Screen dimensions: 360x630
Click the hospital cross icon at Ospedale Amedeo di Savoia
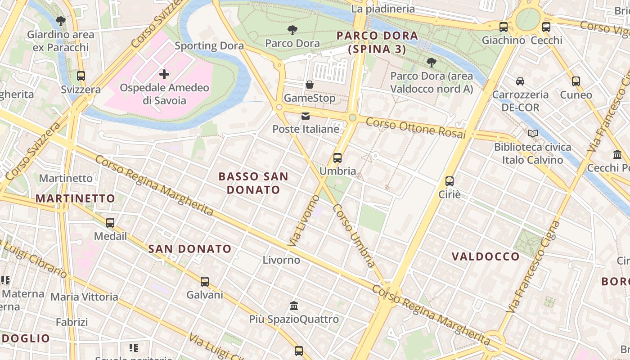click(164, 74)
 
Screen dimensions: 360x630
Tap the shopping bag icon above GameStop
click(310, 85)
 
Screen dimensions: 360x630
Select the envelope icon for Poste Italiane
click(306, 116)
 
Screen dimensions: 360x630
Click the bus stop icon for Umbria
click(337, 158)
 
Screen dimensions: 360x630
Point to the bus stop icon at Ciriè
click(449, 181)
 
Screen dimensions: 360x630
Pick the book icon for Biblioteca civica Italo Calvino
click(533, 134)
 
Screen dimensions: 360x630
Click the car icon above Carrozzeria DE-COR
click(520, 81)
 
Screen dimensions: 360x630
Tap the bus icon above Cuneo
click(576, 81)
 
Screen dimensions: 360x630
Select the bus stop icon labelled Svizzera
click(81, 76)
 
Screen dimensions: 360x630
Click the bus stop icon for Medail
click(110, 223)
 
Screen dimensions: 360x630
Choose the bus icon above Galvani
click(205, 282)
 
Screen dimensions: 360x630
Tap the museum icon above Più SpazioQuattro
click(294, 306)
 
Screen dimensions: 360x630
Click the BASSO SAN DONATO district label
click(253, 183)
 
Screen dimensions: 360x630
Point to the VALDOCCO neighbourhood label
click(486, 256)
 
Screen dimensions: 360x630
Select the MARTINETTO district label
click(75, 198)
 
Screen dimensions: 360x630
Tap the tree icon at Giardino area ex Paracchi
click(60, 21)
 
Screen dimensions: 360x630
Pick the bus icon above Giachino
click(504, 27)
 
